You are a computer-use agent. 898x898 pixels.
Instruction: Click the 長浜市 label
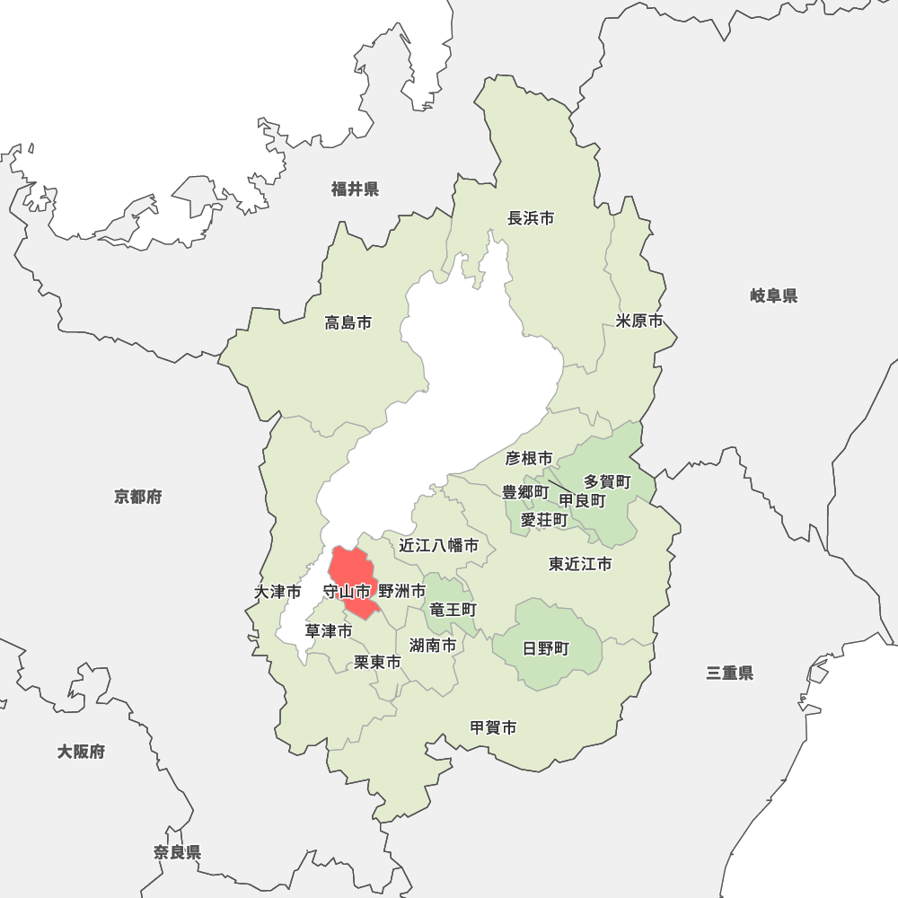[x=531, y=218]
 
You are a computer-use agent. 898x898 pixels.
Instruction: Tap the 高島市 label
[x=348, y=322]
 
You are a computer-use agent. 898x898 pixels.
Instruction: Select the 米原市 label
[x=639, y=321]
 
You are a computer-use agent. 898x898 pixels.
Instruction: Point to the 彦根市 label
[x=529, y=459]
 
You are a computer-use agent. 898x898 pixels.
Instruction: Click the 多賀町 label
[x=608, y=482]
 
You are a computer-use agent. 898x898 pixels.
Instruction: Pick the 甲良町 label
[x=582, y=500]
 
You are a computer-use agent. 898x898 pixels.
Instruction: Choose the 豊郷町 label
[x=524, y=492]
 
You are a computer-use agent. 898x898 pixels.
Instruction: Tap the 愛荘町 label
[x=544, y=519]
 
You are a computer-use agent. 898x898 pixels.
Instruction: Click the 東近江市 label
[x=580, y=564]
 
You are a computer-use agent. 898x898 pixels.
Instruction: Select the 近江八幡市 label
[x=439, y=545]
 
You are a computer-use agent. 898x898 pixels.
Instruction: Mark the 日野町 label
[x=546, y=648]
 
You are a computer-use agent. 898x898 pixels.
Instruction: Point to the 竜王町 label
[x=453, y=609]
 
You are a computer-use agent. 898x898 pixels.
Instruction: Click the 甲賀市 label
[x=494, y=727]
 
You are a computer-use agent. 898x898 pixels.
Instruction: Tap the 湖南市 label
[x=433, y=645]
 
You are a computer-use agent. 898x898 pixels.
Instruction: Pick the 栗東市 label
[x=377, y=662]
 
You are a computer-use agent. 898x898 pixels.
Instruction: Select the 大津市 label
[x=277, y=592]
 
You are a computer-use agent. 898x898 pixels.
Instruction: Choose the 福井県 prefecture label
[x=355, y=189]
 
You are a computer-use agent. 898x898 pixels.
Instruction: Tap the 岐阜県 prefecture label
[x=774, y=295]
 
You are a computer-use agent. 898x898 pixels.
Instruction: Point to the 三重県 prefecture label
[x=729, y=673]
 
